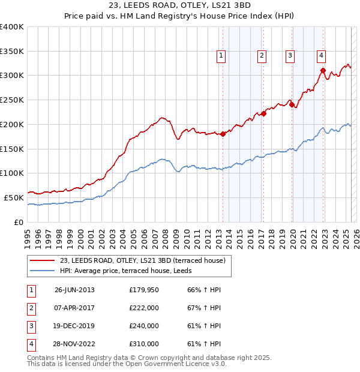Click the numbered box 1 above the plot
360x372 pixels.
pyautogui.click(x=221, y=56)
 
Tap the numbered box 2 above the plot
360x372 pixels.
pyautogui.click(x=262, y=56)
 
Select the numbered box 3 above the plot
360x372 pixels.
pyautogui.click(x=290, y=56)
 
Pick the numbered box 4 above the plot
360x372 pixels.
pyautogui.click(x=322, y=56)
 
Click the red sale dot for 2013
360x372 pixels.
pyautogui.click(x=223, y=134)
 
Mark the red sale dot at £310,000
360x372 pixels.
pyautogui.click(x=323, y=71)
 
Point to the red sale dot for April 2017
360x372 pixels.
pyautogui.click(x=263, y=113)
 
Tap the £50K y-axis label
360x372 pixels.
pyautogui.click(x=14, y=197)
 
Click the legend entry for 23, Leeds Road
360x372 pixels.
pyautogui.click(x=142, y=260)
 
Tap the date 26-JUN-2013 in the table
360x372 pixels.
pyautogui.click(x=74, y=290)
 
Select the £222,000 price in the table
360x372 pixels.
pyautogui.click(x=144, y=308)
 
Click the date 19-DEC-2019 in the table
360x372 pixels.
pyautogui.click(x=74, y=326)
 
